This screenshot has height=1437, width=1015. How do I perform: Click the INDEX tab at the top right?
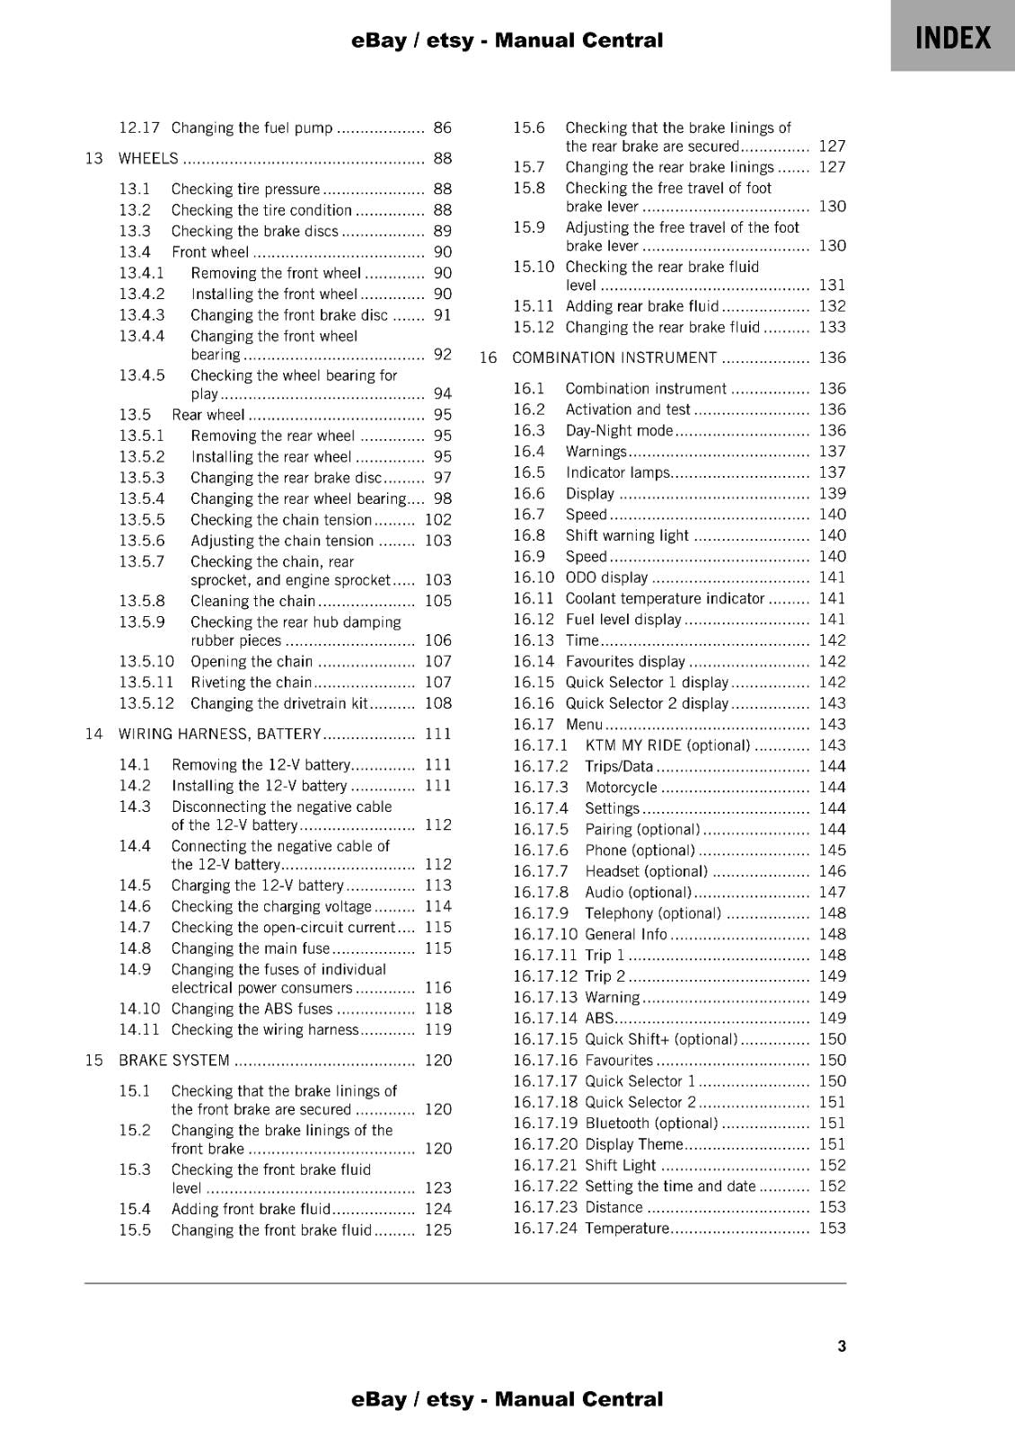952,38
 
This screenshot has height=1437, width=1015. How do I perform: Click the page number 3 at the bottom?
841,1345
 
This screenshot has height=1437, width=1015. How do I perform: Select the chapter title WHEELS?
148,159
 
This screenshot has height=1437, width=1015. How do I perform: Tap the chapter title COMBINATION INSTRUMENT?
614,358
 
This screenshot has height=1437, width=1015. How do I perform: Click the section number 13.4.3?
142,315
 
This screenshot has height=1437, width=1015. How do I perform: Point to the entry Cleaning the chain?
252,602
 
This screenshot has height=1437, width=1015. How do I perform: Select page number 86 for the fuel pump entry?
442,128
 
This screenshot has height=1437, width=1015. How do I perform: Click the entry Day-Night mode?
618,431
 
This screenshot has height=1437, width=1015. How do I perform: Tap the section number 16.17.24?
544,1229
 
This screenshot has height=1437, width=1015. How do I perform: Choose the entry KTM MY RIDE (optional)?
666,745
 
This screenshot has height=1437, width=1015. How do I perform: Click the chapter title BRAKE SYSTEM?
174,1061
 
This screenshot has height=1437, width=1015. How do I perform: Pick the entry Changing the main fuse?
251,948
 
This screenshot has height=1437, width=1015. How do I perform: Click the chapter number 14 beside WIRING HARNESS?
93,735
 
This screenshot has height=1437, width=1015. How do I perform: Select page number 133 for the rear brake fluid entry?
832,328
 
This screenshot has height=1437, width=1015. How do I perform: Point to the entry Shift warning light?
626,536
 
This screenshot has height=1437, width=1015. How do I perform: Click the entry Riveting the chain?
251,683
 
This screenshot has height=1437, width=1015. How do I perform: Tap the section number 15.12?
534,328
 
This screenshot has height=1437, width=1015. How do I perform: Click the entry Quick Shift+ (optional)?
660,1039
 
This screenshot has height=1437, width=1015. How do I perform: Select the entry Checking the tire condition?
261,210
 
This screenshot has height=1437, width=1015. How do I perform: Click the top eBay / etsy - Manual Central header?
507,40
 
